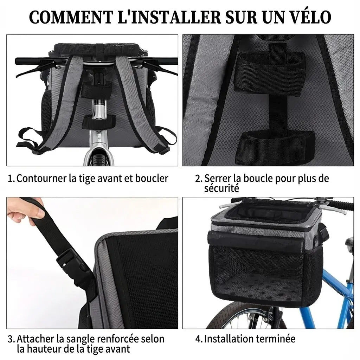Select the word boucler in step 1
point(152,178)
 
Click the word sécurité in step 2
point(221,188)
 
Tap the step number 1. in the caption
point(12,179)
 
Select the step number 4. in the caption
point(199,339)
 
